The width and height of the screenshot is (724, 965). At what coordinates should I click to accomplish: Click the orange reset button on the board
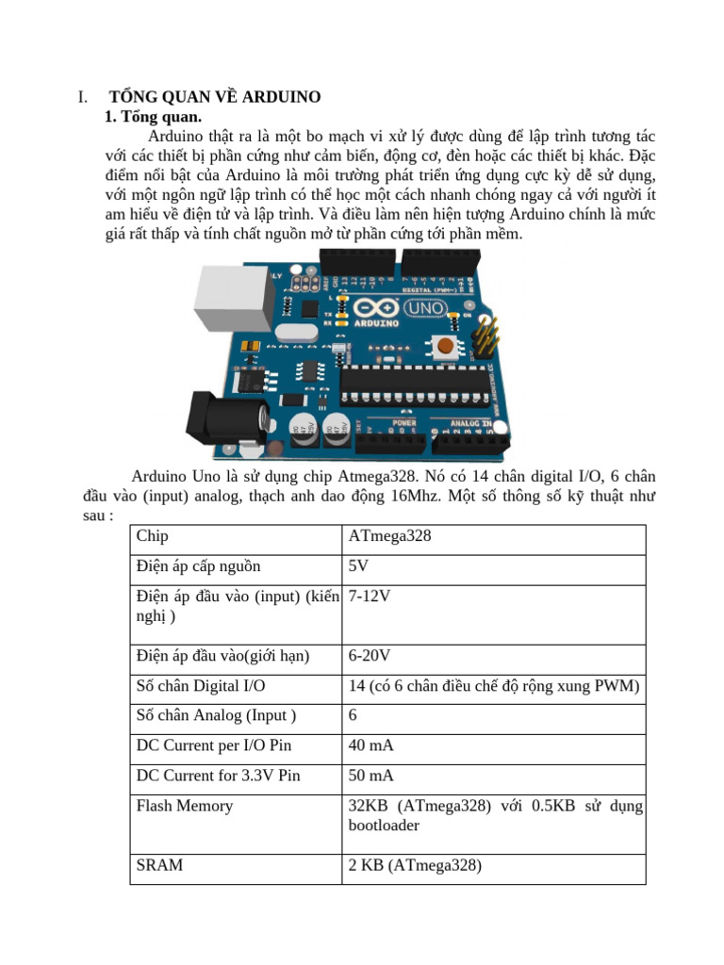tap(445, 347)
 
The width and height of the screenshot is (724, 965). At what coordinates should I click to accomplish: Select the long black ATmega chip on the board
tap(416, 380)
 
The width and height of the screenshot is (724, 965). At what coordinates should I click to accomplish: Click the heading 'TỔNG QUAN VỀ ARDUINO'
tap(215, 97)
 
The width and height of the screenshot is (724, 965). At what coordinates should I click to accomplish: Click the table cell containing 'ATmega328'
tap(389, 536)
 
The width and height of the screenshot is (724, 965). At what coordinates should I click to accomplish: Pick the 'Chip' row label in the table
tap(152, 536)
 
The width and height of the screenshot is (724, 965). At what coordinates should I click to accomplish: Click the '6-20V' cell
tap(370, 656)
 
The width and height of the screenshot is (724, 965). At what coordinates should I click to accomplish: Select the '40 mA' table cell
tap(371, 745)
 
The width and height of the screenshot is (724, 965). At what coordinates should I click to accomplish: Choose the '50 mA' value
tap(371, 776)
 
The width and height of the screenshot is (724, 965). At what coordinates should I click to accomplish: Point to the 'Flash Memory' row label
tap(185, 806)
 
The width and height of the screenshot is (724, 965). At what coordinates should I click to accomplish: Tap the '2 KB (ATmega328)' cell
tap(415, 864)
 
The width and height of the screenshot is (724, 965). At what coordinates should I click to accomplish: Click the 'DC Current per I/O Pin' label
tap(214, 745)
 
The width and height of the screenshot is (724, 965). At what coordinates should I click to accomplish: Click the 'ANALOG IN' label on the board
tap(472, 423)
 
